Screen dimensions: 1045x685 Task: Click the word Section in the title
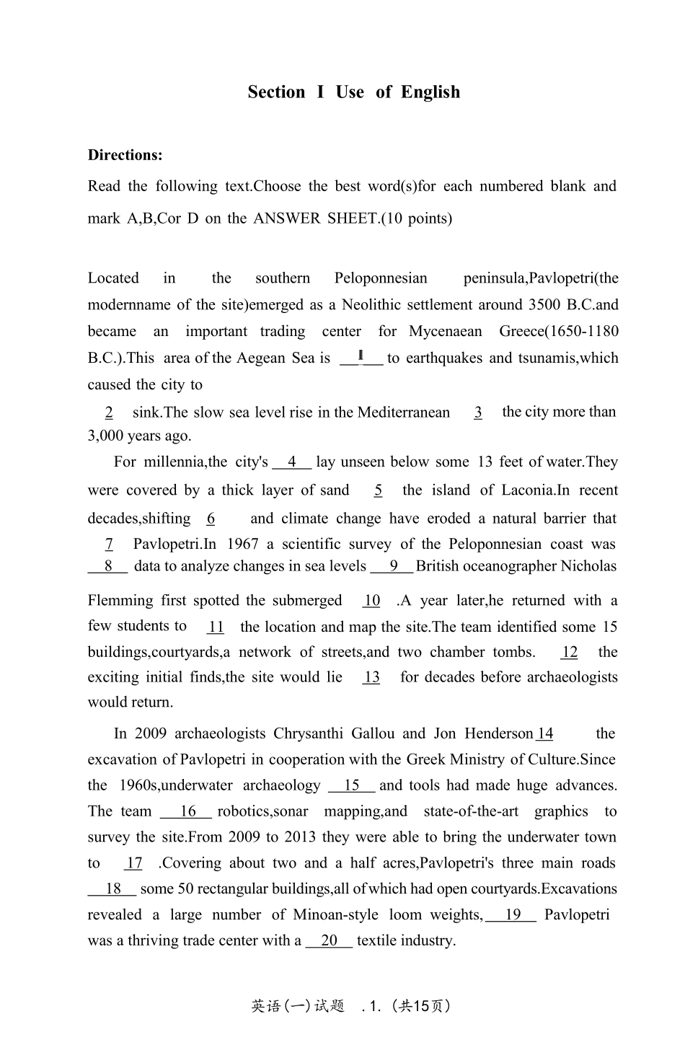276,92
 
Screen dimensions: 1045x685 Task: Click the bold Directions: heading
125,155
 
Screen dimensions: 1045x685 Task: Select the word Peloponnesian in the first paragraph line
381,278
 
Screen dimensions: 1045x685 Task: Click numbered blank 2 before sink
109,413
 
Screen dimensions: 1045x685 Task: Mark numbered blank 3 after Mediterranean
478,413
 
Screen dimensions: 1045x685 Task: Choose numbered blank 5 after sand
379,490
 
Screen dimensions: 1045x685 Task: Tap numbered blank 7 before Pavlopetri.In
109,544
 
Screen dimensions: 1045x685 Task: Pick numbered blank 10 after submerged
372,601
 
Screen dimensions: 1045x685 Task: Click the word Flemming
120,601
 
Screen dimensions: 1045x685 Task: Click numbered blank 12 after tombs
570,653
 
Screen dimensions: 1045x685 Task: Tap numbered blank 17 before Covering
134,863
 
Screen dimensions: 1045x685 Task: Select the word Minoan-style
335,915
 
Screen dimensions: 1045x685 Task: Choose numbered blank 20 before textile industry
330,941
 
